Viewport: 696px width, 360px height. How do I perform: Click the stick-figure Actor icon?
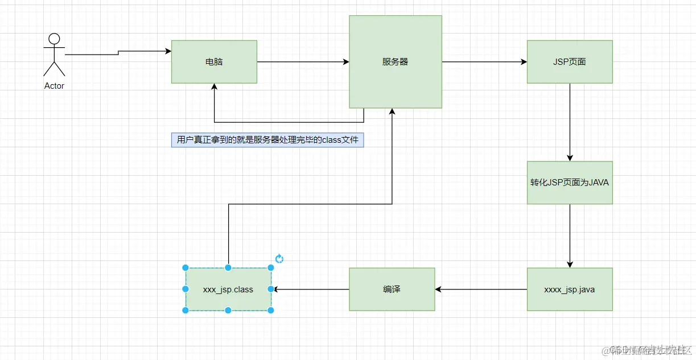[x=54, y=55]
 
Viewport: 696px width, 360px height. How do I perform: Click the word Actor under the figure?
[x=54, y=86]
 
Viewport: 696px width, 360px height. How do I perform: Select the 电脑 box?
[x=214, y=61]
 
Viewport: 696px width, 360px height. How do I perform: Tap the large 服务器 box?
[x=396, y=61]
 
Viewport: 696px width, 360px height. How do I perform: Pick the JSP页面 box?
[x=570, y=61]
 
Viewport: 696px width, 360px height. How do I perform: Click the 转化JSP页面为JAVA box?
[x=570, y=183]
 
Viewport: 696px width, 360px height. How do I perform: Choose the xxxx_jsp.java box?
[x=570, y=289]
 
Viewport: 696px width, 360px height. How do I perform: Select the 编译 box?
[x=392, y=289]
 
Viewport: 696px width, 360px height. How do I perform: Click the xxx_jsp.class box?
[x=228, y=289]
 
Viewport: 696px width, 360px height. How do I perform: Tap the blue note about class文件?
[x=267, y=140]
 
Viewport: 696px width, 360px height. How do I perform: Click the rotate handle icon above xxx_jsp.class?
[x=279, y=259]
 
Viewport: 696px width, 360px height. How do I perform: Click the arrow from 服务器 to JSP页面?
[x=484, y=61]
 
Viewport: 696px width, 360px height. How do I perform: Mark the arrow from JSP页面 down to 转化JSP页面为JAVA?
[x=570, y=122]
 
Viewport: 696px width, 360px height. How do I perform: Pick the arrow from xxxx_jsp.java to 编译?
[x=481, y=289]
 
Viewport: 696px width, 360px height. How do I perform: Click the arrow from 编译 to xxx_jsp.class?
[x=312, y=289]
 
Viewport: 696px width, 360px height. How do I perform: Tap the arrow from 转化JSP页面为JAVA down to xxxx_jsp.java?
[x=570, y=236]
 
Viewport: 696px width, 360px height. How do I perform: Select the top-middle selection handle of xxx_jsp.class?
[x=228, y=267]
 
